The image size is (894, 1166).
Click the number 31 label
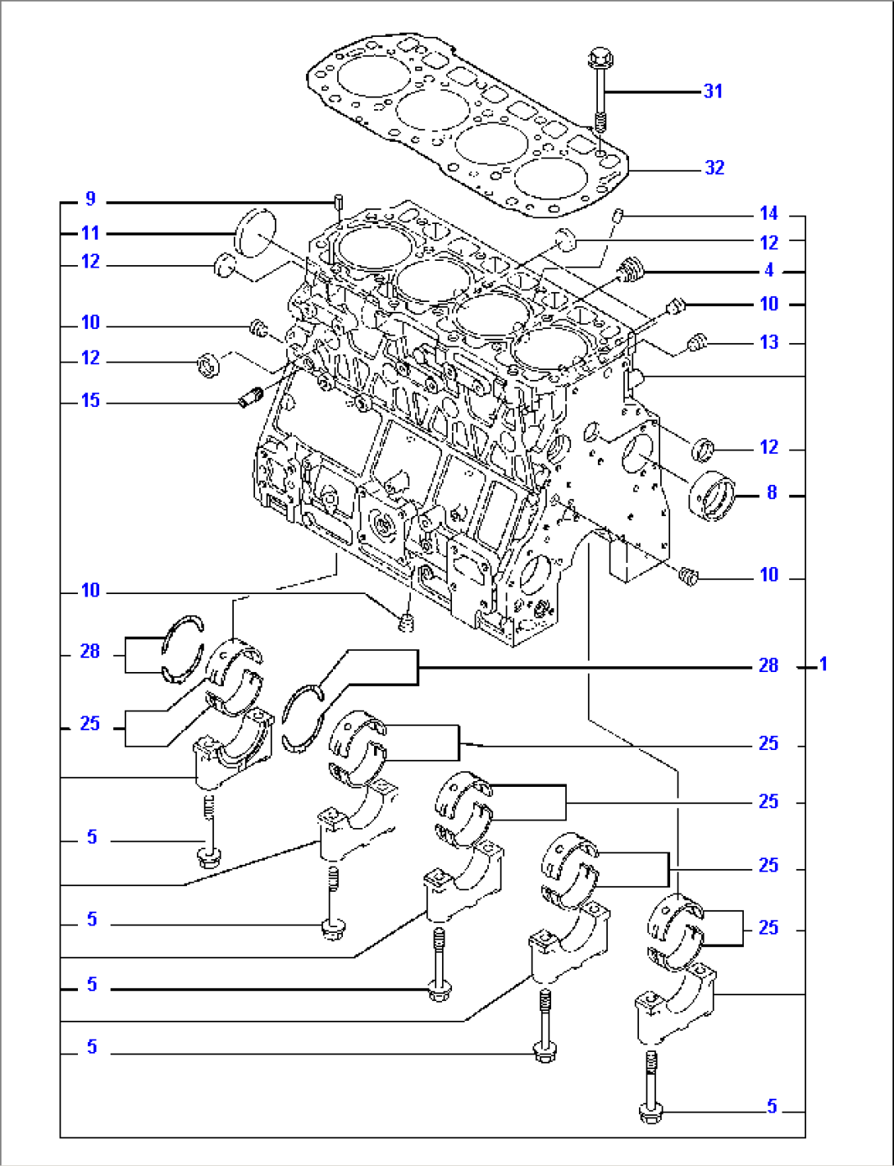point(713,91)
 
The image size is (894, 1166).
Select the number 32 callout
point(714,167)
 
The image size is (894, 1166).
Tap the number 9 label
point(90,199)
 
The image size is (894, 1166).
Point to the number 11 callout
point(90,233)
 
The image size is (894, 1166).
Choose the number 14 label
point(769,213)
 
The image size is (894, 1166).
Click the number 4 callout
point(769,270)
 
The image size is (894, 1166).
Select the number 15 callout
point(90,400)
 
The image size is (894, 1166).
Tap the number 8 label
point(771,492)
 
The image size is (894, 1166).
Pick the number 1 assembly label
point(823,664)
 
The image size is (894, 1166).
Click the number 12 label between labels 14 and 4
point(769,242)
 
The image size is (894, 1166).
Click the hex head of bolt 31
point(599,59)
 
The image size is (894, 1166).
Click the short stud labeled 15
point(249,398)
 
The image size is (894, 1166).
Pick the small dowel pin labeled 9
point(338,201)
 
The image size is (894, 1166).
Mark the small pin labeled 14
point(620,216)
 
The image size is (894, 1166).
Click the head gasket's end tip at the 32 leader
point(627,170)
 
